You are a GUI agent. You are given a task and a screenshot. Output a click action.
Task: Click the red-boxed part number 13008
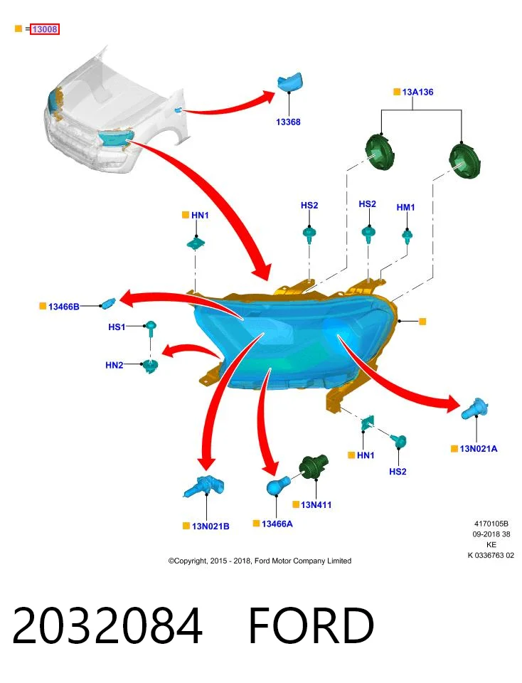pyautogui.click(x=44, y=29)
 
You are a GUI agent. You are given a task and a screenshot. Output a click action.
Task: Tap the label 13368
pyautogui.click(x=288, y=122)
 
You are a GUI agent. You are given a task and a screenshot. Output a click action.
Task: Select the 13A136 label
pyautogui.click(x=417, y=92)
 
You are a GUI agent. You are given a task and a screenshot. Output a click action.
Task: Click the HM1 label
pyautogui.click(x=405, y=207)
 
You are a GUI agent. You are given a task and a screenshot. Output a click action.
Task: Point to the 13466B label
pyautogui.click(x=63, y=307)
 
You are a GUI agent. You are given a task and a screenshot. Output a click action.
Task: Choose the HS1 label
pyautogui.click(x=117, y=327)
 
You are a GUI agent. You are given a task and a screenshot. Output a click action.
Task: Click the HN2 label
pyautogui.click(x=114, y=365)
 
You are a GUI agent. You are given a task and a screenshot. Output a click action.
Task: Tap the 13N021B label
pyautogui.click(x=211, y=526)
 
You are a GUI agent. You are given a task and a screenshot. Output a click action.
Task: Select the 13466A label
pyautogui.click(x=277, y=524)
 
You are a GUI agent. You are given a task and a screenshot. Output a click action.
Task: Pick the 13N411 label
pyautogui.click(x=316, y=505)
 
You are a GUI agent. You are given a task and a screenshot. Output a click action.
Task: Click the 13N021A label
pyautogui.click(x=479, y=449)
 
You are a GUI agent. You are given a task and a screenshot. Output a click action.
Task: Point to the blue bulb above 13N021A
pyautogui.click(x=474, y=408)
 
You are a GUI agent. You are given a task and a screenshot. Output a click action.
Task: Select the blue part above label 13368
pyautogui.click(x=290, y=81)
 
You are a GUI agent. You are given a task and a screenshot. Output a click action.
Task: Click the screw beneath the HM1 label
pyautogui.click(x=407, y=236)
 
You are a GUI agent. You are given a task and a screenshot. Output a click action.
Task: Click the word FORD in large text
pyautogui.click(x=311, y=625)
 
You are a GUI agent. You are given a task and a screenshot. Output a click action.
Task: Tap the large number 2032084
pyautogui.click(x=107, y=625)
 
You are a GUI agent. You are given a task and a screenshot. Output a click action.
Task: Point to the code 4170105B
pyautogui.click(x=491, y=524)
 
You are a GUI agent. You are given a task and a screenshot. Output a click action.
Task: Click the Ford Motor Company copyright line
pyautogui.click(x=260, y=561)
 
